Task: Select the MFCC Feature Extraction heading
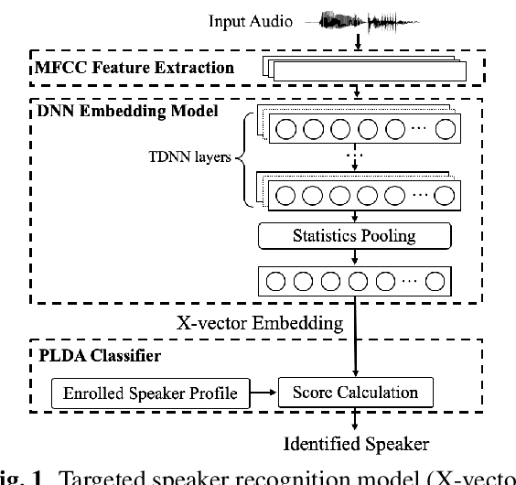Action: point(136,68)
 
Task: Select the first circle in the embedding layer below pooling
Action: point(271,280)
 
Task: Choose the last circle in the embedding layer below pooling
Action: point(436,280)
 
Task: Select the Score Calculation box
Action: point(355,393)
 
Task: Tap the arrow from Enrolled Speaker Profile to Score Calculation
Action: point(264,393)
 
